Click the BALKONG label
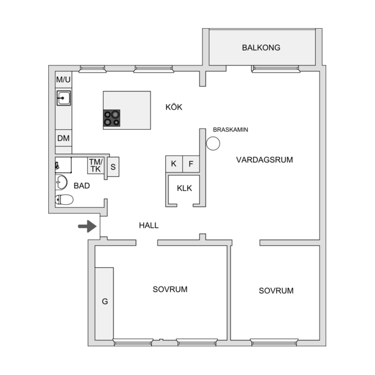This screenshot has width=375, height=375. (x=261, y=48)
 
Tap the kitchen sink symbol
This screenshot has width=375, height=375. (x=63, y=98)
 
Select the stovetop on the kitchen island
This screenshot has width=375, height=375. (x=112, y=118)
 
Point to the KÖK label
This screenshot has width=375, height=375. (x=174, y=107)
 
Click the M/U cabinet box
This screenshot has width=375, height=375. (x=63, y=80)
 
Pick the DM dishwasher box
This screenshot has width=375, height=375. (x=63, y=138)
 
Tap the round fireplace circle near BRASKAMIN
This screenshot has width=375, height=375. (x=213, y=143)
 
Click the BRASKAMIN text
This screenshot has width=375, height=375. (x=230, y=130)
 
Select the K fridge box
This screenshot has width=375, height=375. (x=174, y=164)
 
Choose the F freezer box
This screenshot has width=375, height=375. (x=191, y=164)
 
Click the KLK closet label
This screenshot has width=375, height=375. (x=184, y=188)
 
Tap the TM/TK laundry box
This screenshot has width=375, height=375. (x=96, y=165)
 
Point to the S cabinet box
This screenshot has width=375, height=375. (x=113, y=166)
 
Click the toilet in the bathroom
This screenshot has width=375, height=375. (x=64, y=199)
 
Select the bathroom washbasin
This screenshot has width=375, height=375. (x=61, y=182)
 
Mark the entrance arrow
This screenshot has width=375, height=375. (x=87, y=226)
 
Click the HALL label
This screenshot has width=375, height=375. (x=149, y=225)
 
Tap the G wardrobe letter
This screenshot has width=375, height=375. (x=105, y=301)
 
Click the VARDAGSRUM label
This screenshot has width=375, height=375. (x=265, y=160)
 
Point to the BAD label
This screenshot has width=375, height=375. (x=82, y=185)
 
